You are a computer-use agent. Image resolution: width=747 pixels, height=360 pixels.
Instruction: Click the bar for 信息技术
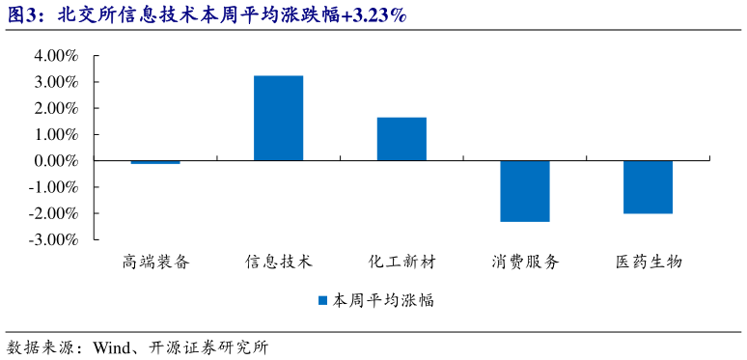278,118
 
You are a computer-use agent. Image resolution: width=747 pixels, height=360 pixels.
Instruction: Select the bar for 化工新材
401,139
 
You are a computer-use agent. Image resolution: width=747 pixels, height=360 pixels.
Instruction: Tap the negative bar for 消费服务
525,191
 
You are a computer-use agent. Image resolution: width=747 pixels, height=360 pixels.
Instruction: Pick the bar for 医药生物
648,187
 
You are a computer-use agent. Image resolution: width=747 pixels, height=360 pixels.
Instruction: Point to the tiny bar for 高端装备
155,162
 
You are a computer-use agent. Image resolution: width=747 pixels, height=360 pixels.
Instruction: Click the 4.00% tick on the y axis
56,56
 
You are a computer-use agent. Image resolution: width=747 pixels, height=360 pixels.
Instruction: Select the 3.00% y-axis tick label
56,82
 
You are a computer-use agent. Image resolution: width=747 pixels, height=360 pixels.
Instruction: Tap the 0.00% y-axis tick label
56,160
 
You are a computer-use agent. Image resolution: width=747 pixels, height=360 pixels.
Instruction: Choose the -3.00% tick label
54,238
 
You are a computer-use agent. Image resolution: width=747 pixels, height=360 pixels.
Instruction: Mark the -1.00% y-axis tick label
54,186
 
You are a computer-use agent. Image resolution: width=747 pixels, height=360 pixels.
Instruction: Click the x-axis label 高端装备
155,262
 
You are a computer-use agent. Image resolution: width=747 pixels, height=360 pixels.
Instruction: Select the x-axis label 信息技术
278,262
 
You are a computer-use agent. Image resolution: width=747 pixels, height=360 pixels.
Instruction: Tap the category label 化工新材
401,262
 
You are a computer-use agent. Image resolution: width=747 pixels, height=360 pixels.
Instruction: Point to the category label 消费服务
525,262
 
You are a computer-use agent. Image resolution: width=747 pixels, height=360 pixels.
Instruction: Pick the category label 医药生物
648,262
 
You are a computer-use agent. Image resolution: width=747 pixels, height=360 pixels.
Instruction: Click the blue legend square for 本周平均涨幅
322,300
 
